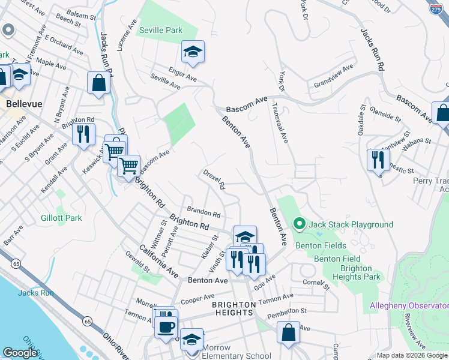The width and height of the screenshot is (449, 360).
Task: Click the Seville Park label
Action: [x=159, y=30]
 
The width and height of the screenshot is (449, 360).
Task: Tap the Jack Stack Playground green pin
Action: [x=300, y=224]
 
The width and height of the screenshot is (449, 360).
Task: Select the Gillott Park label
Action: [x=61, y=218]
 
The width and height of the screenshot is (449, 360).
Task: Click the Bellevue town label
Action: [x=24, y=104]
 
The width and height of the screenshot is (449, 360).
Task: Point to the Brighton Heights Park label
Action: [x=360, y=272]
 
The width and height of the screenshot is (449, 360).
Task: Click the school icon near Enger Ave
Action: [x=193, y=53]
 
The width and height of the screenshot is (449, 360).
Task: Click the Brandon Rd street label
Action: [x=203, y=213]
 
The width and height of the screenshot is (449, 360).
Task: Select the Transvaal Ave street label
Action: [x=281, y=124]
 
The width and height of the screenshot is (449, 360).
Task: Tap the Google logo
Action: [x=20, y=353]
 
